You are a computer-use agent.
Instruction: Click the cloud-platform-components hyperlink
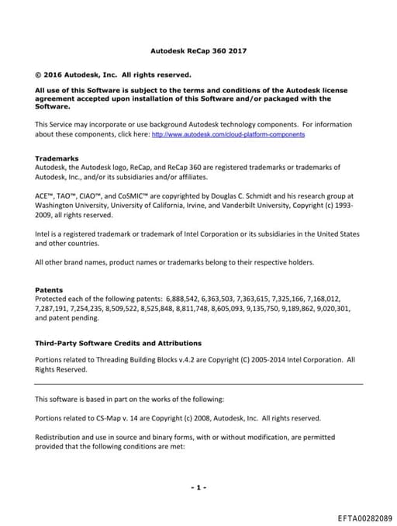pyautogui.click(x=228, y=134)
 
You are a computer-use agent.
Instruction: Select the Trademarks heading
pyautogui.click(x=57, y=158)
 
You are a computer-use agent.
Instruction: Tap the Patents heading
pyautogui.click(x=49, y=290)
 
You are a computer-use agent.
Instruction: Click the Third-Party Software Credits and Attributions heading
pyautogui.click(x=118, y=343)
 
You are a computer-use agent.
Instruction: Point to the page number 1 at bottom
pyautogui.click(x=198, y=487)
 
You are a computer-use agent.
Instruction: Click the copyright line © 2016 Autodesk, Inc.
pyautogui.click(x=113, y=75)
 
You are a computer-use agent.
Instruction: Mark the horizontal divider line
pyautogui.click(x=198, y=384)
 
